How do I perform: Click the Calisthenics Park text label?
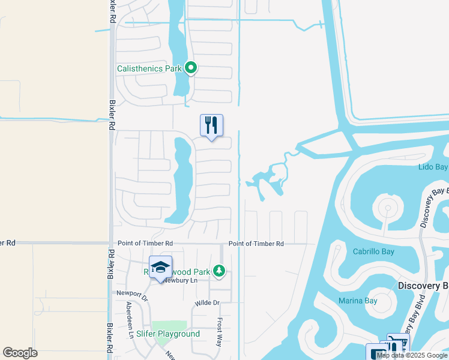149,68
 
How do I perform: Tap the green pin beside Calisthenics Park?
191,68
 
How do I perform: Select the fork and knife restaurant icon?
211,125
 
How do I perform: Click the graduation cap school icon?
160,267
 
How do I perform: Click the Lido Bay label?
433,166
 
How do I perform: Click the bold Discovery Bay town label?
423,286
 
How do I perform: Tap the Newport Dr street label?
131,293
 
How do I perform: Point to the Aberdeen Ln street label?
129,320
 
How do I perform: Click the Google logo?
20,353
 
